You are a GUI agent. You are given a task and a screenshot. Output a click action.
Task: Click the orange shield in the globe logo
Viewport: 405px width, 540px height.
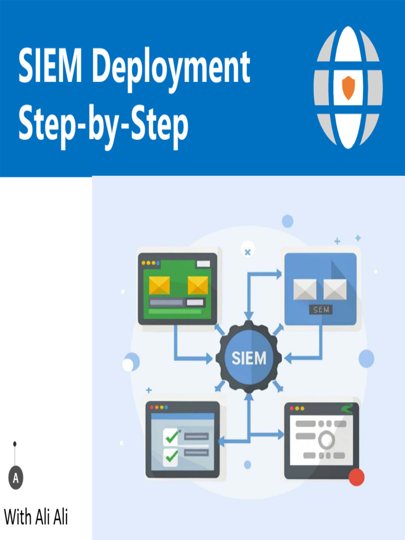click(348, 88)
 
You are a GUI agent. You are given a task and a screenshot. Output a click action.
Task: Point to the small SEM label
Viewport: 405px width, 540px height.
click(321, 310)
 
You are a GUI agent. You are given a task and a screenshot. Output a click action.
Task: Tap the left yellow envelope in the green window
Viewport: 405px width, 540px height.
click(159, 285)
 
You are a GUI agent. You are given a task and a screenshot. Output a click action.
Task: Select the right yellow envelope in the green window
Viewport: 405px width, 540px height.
click(198, 285)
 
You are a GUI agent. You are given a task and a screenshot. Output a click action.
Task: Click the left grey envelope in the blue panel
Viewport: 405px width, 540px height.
click(305, 289)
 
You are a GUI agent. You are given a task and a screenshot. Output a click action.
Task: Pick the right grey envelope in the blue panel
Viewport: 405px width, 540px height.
click(335, 289)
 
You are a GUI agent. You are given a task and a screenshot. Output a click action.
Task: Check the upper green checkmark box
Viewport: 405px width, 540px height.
click(171, 436)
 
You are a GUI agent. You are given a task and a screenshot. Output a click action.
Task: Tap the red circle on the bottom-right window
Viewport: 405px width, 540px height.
click(357, 477)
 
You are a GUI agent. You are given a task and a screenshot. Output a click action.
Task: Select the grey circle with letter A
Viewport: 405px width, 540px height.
click(16, 478)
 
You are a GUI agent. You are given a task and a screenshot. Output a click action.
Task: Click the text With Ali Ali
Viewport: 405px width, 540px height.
click(36, 517)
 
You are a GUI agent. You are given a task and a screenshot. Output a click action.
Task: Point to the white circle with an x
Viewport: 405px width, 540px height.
click(247, 251)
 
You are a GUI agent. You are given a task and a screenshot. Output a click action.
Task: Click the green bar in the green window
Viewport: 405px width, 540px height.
click(175, 311)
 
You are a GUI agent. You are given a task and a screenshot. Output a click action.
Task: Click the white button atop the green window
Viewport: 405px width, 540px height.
click(202, 264)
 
